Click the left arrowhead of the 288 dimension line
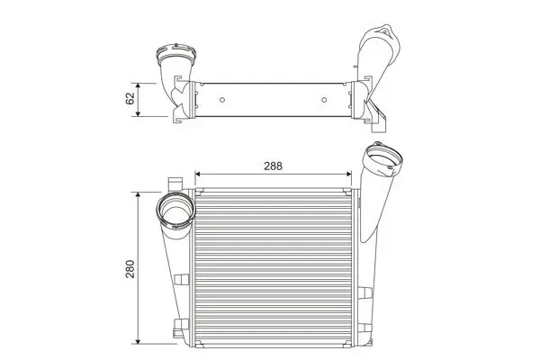tap(199, 174)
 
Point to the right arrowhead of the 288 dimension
tap(352, 174)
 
